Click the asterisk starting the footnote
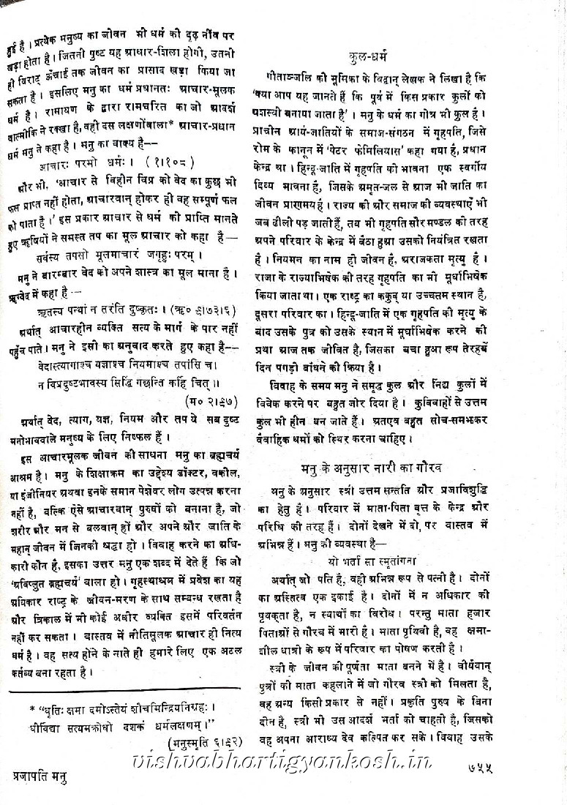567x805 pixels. (31, 708)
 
